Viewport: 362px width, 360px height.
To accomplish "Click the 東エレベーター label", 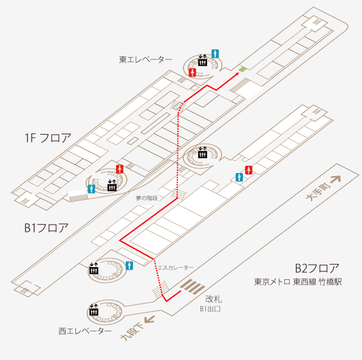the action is pyautogui.click(x=145, y=59).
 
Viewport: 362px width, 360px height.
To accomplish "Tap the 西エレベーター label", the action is pyautogui.click(x=85, y=331).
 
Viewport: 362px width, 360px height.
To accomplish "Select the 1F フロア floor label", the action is pyautogui.click(x=48, y=138).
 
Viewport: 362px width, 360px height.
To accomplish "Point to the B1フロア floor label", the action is pyautogui.click(x=46, y=228).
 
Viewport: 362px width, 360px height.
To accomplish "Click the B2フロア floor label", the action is pyautogui.click(x=317, y=268).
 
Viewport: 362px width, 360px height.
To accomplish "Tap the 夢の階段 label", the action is pyautogui.click(x=147, y=198).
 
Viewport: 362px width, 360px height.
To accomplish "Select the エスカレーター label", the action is pyautogui.click(x=176, y=268).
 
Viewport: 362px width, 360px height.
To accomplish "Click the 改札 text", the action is pyautogui.click(x=214, y=299).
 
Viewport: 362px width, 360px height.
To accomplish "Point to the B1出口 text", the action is pyautogui.click(x=210, y=309).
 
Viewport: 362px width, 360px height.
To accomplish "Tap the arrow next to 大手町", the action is pyautogui.click(x=336, y=179).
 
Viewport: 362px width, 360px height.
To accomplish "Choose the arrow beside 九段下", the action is pyautogui.click(x=149, y=319).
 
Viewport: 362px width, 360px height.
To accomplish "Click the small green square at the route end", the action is pyautogui.click(x=242, y=69).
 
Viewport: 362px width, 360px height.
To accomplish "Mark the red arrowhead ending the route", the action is pyautogui.click(x=237, y=74).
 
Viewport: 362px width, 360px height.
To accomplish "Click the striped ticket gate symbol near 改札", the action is pyautogui.click(x=193, y=287).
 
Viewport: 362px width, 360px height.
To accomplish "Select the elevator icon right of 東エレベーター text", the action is pyautogui.click(x=202, y=61).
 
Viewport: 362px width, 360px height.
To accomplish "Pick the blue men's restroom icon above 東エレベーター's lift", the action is pyautogui.click(x=215, y=54).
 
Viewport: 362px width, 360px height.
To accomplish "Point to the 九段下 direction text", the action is pyautogui.click(x=132, y=331).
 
